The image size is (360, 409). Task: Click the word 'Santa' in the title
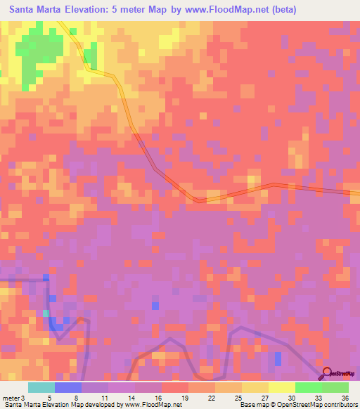pos(27,10)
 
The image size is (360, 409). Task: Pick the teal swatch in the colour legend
pos(41,387)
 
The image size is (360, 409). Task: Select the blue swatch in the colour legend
pos(68,387)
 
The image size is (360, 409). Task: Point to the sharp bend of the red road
pos(199,200)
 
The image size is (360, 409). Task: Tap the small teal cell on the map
pos(46,313)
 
